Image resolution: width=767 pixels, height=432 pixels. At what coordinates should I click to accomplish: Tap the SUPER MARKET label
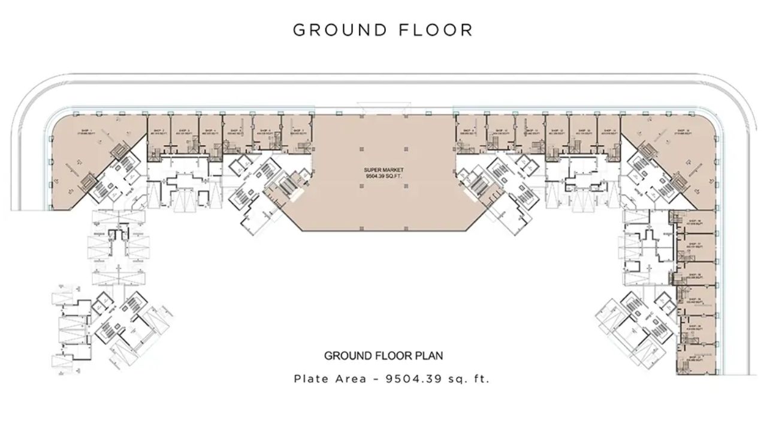click(x=382, y=170)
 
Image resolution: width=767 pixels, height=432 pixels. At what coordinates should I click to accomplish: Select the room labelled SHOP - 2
click(x=159, y=132)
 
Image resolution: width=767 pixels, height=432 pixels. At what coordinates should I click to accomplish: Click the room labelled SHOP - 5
click(x=237, y=132)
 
